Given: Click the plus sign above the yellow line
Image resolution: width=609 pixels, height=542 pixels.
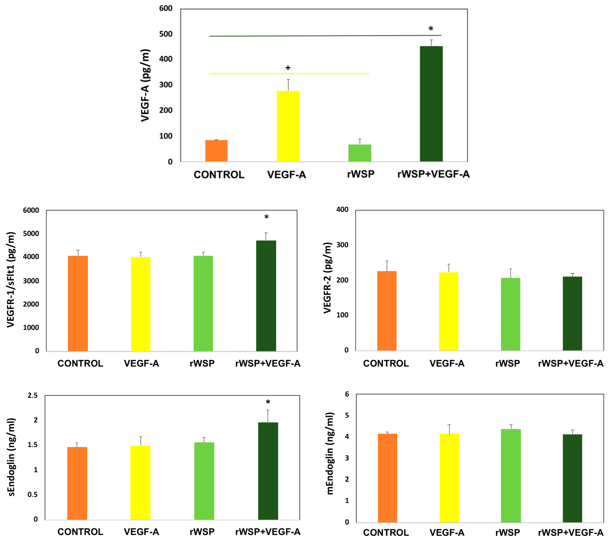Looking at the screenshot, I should [288, 68].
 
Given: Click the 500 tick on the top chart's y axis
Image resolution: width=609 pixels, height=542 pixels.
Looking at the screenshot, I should [166, 34].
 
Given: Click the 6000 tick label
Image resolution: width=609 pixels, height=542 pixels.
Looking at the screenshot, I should [31, 210].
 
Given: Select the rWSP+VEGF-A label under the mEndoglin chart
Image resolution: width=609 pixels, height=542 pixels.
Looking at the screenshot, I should [571, 532].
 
